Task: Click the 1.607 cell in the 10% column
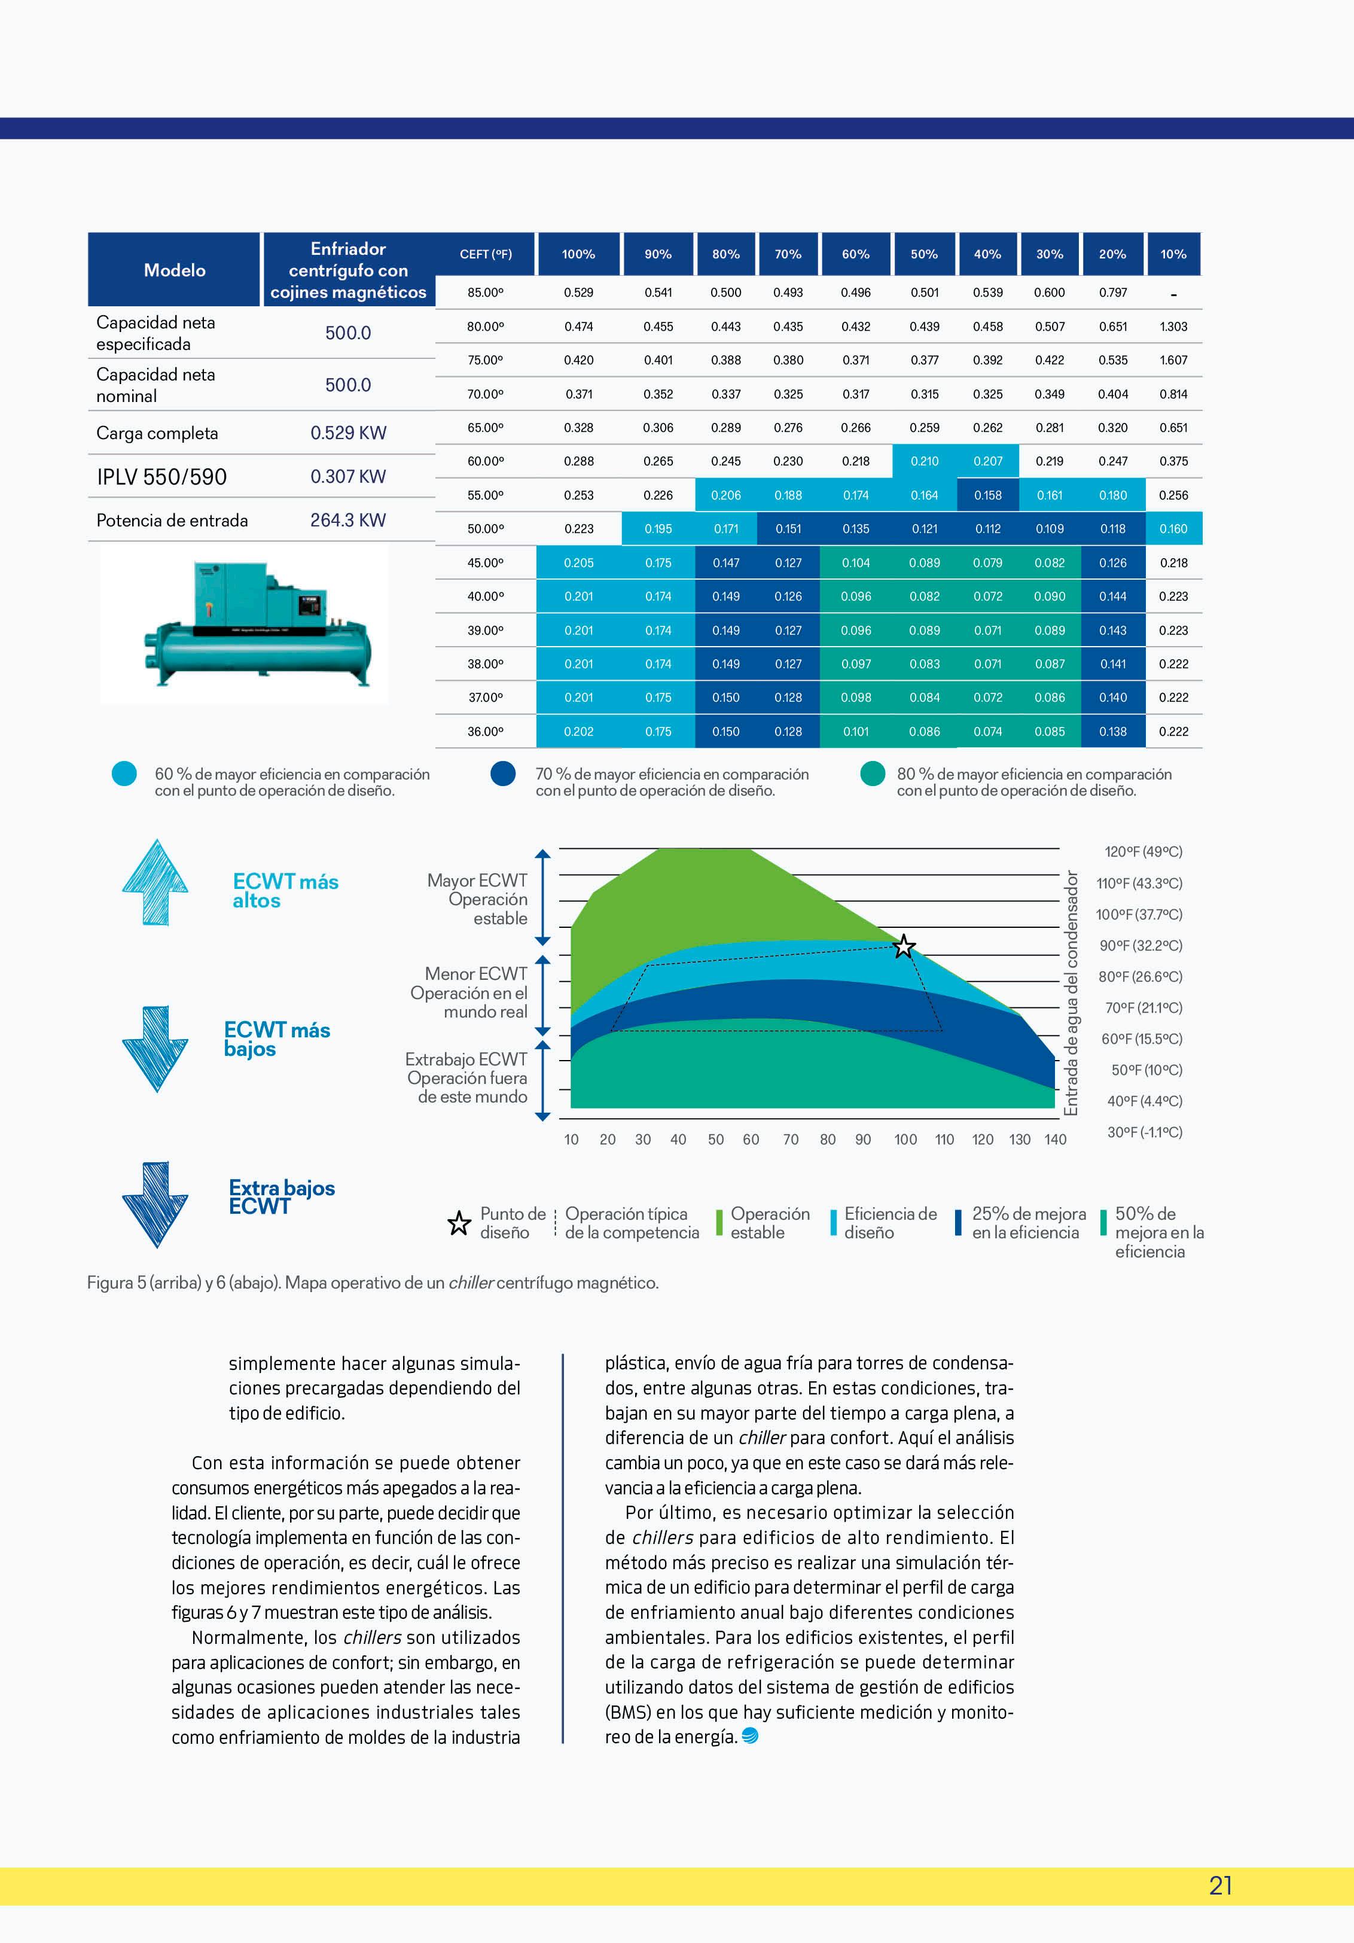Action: (x=1173, y=360)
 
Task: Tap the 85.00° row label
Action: (x=485, y=293)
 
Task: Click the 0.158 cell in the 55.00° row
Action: (x=987, y=495)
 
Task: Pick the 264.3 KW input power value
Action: (x=348, y=520)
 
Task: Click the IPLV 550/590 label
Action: (x=161, y=476)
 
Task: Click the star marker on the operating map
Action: (x=904, y=946)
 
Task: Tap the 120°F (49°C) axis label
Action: (x=1142, y=851)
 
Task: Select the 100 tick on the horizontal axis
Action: (x=905, y=1139)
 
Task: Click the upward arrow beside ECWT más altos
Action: (x=155, y=882)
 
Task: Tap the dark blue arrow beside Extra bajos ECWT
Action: (x=155, y=1204)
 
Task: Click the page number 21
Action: (x=1220, y=1886)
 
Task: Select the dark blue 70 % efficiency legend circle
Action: (x=504, y=773)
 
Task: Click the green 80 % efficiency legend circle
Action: (x=873, y=773)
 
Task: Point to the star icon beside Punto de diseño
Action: (x=459, y=1223)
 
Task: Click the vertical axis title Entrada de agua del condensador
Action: (x=1071, y=992)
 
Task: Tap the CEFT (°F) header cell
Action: (x=485, y=254)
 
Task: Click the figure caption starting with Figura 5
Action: (x=373, y=1282)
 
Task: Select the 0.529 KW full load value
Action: (x=348, y=433)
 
